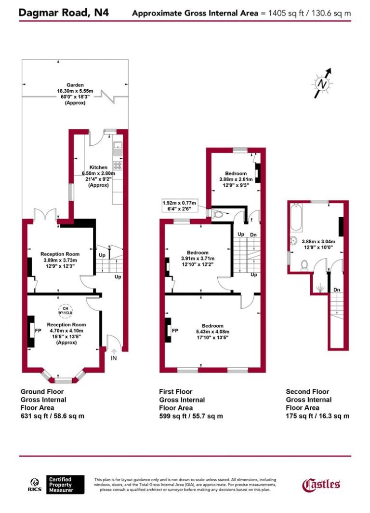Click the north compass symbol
point(323,83)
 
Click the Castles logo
point(321,484)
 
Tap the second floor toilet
point(304,265)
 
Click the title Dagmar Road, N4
point(64,13)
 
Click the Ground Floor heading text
point(42,392)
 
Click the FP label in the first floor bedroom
point(175,331)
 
